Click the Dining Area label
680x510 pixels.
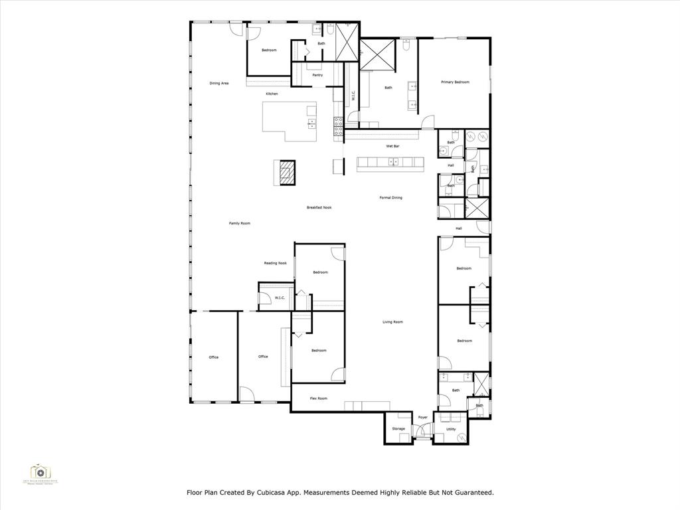(x=219, y=83)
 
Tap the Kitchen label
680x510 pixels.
(x=272, y=94)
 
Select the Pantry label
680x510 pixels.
(x=317, y=75)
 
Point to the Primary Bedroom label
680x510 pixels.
(x=455, y=82)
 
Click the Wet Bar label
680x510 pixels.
(x=392, y=145)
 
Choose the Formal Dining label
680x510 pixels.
(x=390, y=197)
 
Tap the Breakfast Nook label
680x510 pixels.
(x=319, y=207)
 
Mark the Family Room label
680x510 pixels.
(x=240, y=223)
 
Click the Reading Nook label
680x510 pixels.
(x=275, y=263)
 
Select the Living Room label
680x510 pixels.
(x=392, y=322)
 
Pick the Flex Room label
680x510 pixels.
(x=319, y=398)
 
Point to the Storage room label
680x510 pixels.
(x=398, y=429)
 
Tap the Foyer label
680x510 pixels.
(x=422, y=417)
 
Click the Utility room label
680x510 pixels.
(x=451, y=429)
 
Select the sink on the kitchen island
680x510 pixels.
(x=311, y=123)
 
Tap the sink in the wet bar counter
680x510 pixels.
(x=392, y=161)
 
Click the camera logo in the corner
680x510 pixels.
(x=41, y=473)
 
